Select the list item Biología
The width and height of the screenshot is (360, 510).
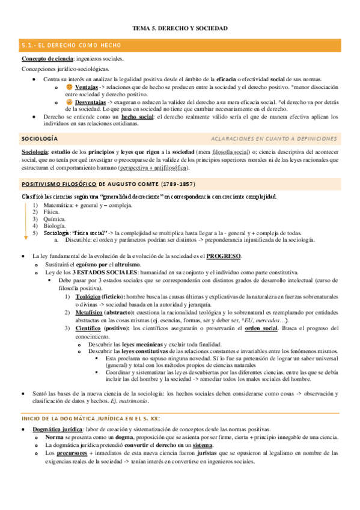55,227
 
